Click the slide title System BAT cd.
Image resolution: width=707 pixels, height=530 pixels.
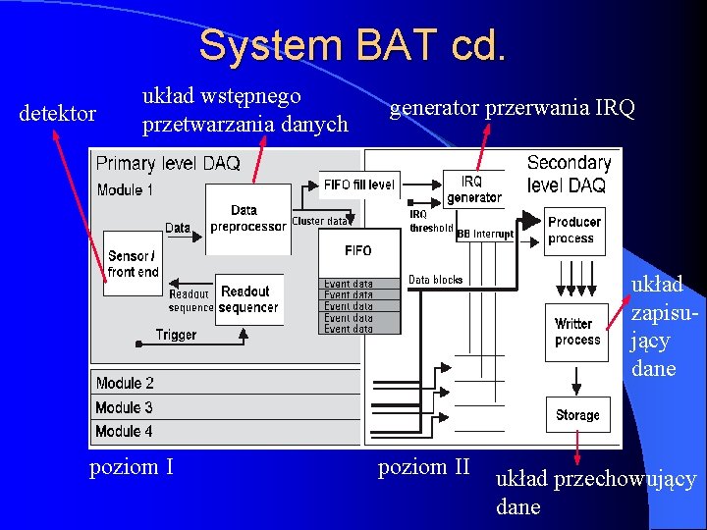tap(353, 45)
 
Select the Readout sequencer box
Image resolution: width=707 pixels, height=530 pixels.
tap(248, 299)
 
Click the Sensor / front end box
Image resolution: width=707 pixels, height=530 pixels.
tap(133, 264)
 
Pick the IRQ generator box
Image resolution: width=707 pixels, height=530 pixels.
tap(473, 189)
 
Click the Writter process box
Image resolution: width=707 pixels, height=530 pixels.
tap(577, 332)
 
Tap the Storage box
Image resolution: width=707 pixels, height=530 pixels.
tap(577, 415)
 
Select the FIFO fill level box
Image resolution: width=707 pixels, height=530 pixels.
tap(358, 184)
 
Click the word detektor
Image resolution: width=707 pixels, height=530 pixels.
tap(58, 114)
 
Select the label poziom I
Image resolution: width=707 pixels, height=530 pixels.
tap(132, 466)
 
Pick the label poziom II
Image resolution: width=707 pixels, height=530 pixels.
tap(424, 466)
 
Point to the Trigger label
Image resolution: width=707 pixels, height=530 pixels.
tap(176, 335)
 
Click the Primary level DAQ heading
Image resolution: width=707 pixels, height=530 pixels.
tap(168, 164)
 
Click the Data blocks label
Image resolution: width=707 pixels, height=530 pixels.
tap(435, 280)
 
